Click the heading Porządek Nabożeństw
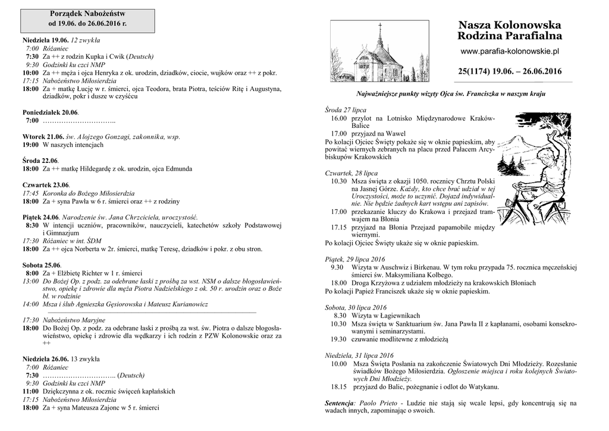click(87, 13)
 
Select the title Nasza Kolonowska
click(510, 26)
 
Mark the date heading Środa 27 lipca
click(346, 111)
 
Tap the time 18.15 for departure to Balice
click(339, 386)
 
